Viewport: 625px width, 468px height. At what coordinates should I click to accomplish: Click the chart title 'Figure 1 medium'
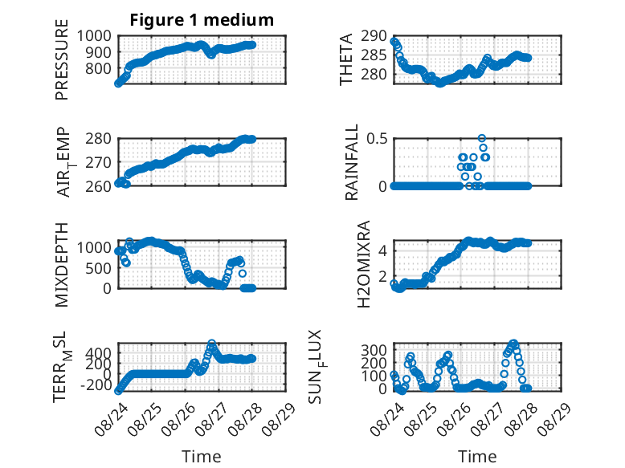point(202,20)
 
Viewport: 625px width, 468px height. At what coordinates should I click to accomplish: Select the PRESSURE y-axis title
point(62,59)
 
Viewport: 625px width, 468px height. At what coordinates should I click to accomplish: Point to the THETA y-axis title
point(346,59)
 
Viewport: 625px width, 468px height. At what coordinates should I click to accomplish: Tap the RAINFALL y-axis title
point(352,162)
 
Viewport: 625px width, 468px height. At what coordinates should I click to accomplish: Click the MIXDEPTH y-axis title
point(62,264)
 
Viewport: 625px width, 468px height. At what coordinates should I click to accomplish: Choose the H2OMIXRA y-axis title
point(364,264)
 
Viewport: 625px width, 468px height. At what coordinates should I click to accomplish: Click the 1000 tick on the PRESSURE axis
point(94,36)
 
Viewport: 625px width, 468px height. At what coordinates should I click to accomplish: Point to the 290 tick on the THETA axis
point(374,36)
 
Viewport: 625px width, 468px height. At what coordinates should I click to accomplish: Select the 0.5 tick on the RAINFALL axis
point(377,139)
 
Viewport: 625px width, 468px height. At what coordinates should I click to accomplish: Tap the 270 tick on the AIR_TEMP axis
point(98,162)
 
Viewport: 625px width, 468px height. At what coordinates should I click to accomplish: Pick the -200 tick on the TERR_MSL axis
point(96,385)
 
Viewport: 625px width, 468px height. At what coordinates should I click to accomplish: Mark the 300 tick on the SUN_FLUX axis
point(374,350)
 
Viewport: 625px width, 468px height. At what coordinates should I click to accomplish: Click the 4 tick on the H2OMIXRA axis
point(382,251)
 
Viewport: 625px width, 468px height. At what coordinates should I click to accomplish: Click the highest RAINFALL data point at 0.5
point(482,138)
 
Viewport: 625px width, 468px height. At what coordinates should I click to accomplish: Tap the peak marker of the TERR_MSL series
point(211,344)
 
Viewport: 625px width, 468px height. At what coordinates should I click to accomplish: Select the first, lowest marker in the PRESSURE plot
point(118,83)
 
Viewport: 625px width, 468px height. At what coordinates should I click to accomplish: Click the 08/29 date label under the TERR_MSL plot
point(281,418)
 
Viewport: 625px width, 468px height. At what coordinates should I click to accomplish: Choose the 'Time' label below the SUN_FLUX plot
point(477,456)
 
